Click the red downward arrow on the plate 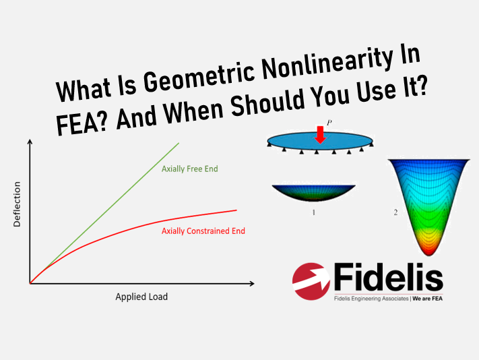[x=320, y=135]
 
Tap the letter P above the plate [x=329, y=123]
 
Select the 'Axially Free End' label [x=190, y=169]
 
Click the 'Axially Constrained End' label [x=203, y=231]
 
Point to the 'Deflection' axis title [x=17, y=204]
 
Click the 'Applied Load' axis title [x=141, y=297]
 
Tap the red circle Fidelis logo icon [x=311, y=281]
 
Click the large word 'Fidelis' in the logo [x=388, y=277]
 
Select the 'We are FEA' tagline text [x=427, y=299]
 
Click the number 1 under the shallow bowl [x=313, y=212]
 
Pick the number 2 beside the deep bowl [x=395, y=212]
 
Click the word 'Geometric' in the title [x=199, y=79]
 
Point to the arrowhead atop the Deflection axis [x=30, y=142]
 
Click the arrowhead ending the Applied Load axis [x=252, y=284]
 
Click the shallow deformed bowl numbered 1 [x=314, y=193]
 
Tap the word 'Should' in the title [x=267, y=102]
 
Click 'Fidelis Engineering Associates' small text [x=371, y=299]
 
